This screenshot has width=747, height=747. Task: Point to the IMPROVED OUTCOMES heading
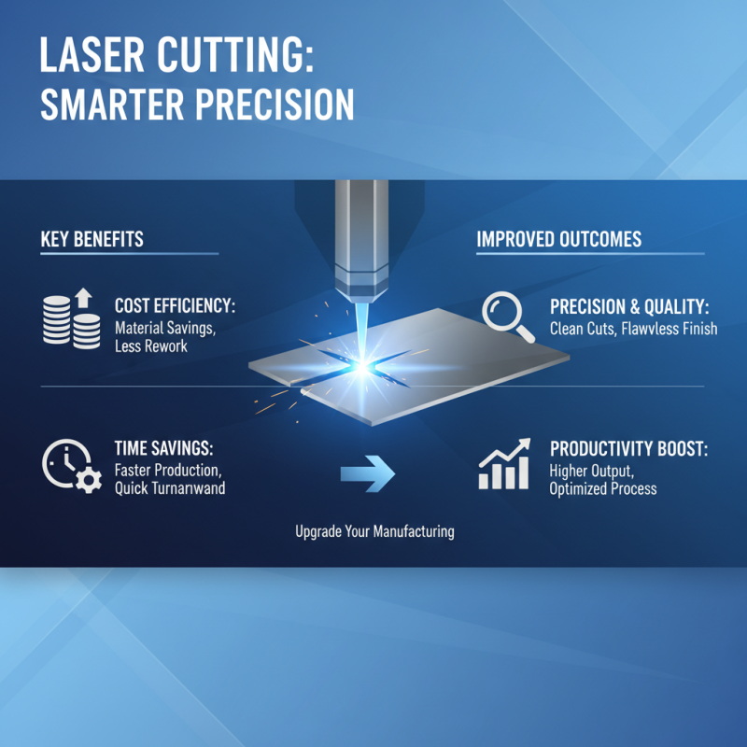coord(558,239)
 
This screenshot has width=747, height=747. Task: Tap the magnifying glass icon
coord(508,317)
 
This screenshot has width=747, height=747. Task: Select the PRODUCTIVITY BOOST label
coord(628,448)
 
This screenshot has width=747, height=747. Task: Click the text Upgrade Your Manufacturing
coord(374,531)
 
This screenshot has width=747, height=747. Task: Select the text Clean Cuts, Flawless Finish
coord(633,329)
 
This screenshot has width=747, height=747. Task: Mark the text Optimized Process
coord(602,488)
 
